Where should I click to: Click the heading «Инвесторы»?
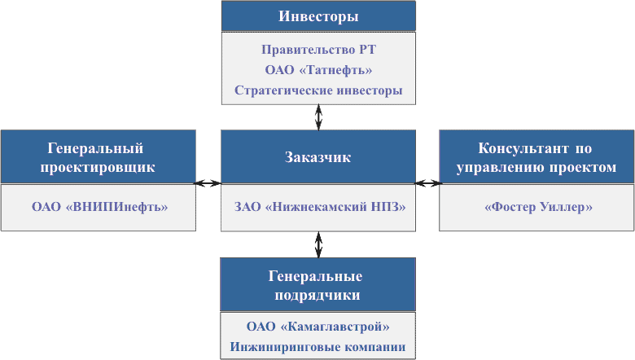coord(318,16)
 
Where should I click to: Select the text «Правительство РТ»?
coord(318,50)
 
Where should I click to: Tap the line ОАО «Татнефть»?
coord(318,70)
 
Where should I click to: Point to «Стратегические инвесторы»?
coord(318,90)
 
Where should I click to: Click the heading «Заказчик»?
coord(318,157)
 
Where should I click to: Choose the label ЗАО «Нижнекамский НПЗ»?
coord(318,207)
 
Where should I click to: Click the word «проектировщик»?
coord(97,168)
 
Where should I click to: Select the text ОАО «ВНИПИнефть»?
coord(99,207)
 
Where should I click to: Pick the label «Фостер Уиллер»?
coord(537,207)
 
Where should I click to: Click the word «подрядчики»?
coord(318,295)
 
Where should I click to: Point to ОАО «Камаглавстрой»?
coord(318,327)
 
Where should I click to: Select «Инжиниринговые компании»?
coord(318,347)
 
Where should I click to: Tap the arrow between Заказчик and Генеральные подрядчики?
coord(318,244)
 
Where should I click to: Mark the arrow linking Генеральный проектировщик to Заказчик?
coord(208,183)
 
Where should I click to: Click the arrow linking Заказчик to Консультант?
coord(427,183)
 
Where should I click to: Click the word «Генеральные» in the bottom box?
coord(318,276)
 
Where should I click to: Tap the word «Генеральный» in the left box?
coord(96,148)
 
